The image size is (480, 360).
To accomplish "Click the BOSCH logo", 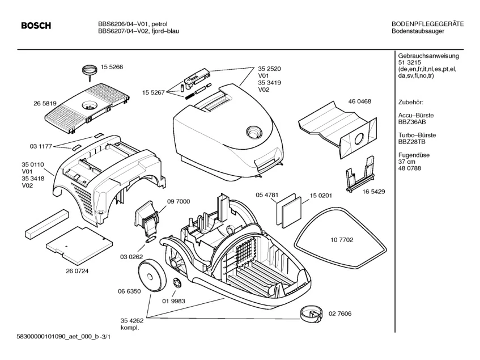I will point(36,26).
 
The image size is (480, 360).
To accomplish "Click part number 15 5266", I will point(112,67).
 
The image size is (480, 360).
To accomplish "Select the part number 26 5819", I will point(45,104).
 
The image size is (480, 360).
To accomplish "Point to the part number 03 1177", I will point(41,146).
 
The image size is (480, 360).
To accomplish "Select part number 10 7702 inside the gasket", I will point(342,240).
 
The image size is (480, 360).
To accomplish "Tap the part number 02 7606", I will point(340,313).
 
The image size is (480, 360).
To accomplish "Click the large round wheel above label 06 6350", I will point(151,274).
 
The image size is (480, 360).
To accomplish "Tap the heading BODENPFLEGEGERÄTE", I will point(428,24).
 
